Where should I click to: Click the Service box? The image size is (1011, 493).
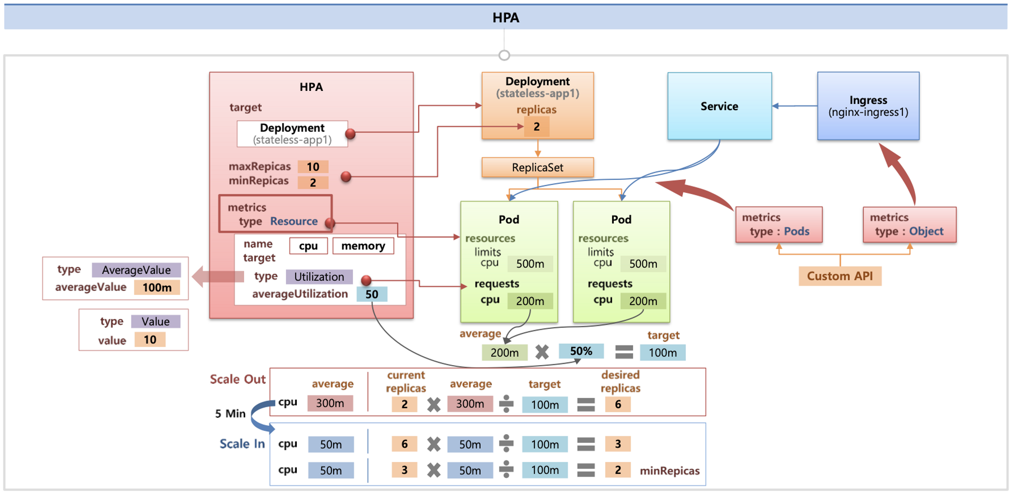coord(719,106)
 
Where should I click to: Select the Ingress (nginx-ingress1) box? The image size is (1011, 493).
coord(868,106)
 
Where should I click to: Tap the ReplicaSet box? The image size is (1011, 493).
coord(537,168)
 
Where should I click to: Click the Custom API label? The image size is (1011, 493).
coord(840,276)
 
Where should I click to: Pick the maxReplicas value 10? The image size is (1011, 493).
coord(313,167)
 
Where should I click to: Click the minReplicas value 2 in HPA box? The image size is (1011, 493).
coord(313,182)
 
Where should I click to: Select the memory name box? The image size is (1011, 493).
coord(363,246)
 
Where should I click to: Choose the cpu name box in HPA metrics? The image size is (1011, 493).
coord(308,246)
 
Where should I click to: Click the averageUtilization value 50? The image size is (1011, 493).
coord(372,294)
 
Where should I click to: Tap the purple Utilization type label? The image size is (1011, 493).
coord(319,277)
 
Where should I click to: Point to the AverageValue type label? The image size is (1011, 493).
coord(136,270)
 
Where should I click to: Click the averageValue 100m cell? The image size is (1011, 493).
coord(157,287)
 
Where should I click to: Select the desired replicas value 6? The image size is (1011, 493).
coord(618,405)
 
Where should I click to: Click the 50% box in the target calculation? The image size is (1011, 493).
coord(581,351)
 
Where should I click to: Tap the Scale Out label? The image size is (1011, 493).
coord(238,379)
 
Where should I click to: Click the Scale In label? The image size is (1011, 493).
coord(242,444)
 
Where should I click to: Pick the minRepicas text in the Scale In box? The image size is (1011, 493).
coord(670,471)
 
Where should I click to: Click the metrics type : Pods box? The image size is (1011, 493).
coord(779,225)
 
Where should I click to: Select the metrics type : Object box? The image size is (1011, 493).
coord(910,225)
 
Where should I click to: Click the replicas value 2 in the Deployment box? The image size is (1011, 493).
coord(537,127)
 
